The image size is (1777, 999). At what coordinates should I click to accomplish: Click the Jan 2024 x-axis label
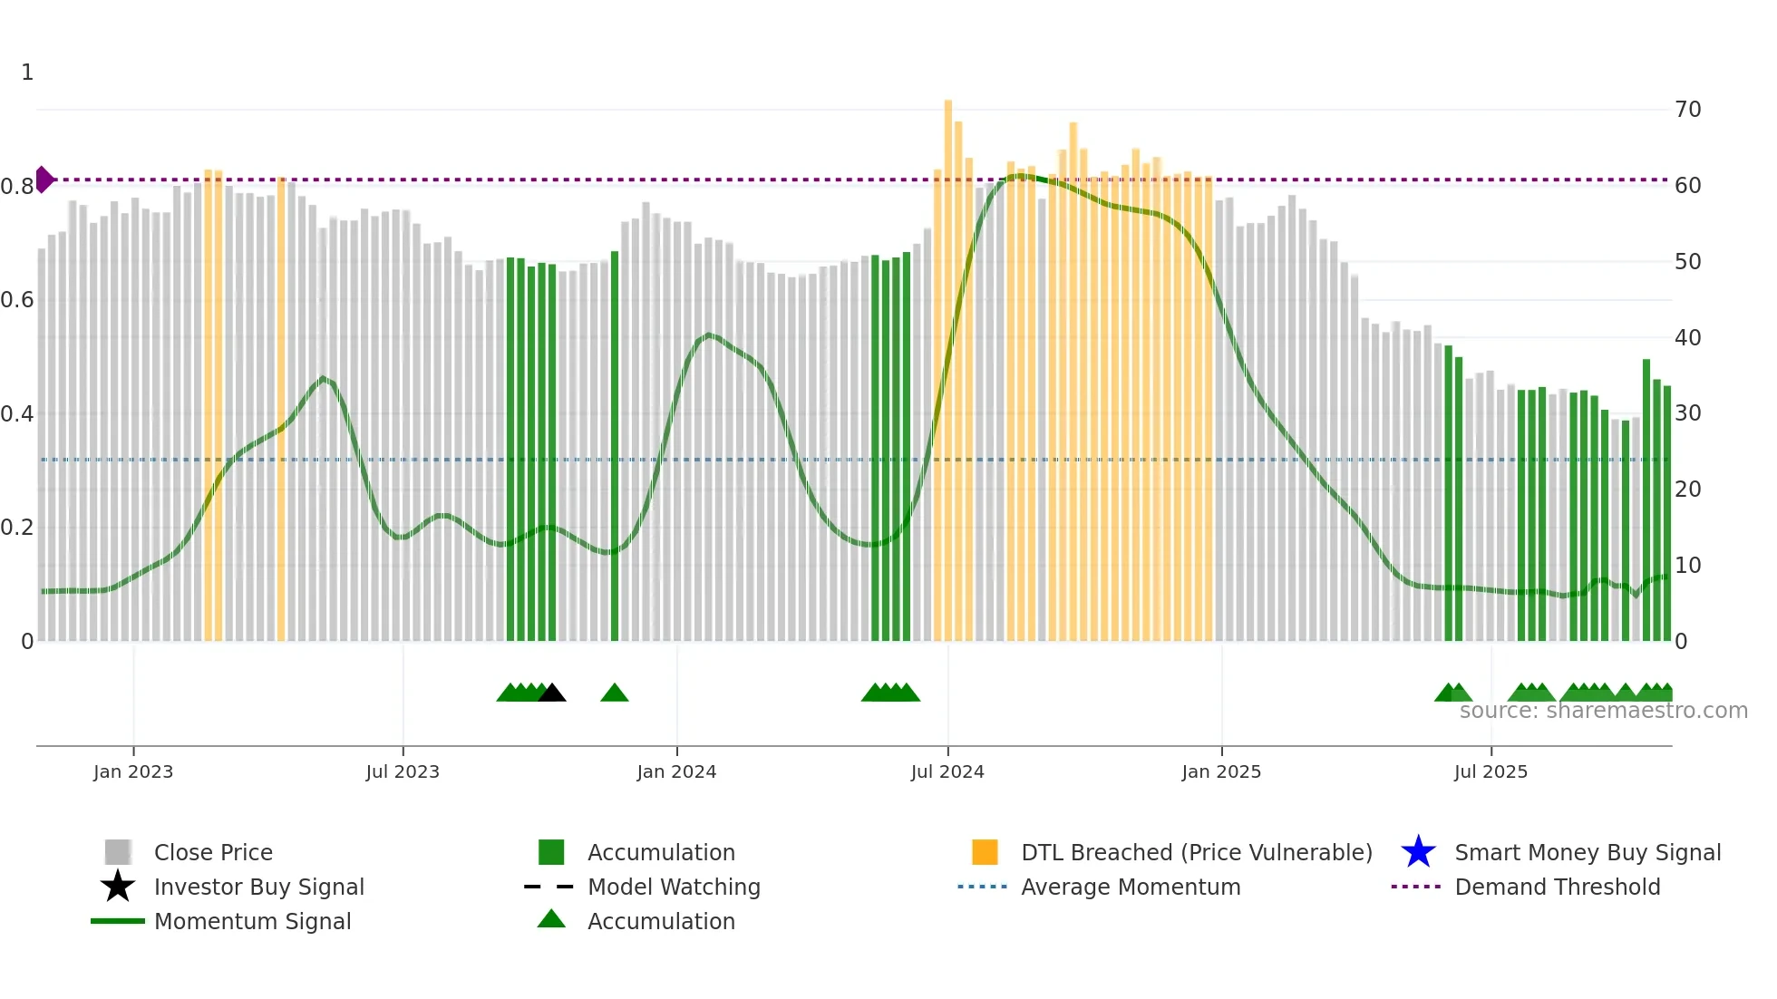pos(676,771)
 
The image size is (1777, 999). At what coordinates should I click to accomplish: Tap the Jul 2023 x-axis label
pos(403,771)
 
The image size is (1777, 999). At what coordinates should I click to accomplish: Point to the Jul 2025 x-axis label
pos(1491,771)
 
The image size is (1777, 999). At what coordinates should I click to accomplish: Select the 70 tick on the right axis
pos(1688,110)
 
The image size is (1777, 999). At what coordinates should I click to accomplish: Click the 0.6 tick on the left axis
pos(17,300)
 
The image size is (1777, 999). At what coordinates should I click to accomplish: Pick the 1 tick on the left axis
pos(27,73)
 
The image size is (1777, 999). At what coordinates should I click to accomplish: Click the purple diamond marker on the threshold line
pos(44,179)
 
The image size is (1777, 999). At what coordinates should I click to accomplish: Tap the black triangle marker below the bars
pos(552,693)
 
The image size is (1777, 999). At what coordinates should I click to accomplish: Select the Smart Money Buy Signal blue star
pos(1418,852)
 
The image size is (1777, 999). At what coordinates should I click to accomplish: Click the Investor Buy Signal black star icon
pos(118,887)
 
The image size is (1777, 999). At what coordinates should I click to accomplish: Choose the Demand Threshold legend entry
pos(1557,887)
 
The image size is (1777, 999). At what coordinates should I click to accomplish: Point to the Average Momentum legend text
pos(1131,887)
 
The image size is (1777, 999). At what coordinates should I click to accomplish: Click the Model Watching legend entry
pos(674,887)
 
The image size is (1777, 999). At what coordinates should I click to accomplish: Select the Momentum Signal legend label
pos(252,921)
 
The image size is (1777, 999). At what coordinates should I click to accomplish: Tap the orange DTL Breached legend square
pos(985,852)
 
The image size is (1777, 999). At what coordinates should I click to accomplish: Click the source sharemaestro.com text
pos(1603,711)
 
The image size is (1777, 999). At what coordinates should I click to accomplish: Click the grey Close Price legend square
pos(118,852)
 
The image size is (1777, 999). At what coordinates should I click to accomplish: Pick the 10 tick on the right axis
pos(1688,566)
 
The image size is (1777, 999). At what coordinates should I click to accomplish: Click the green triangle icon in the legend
pos(551,919)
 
